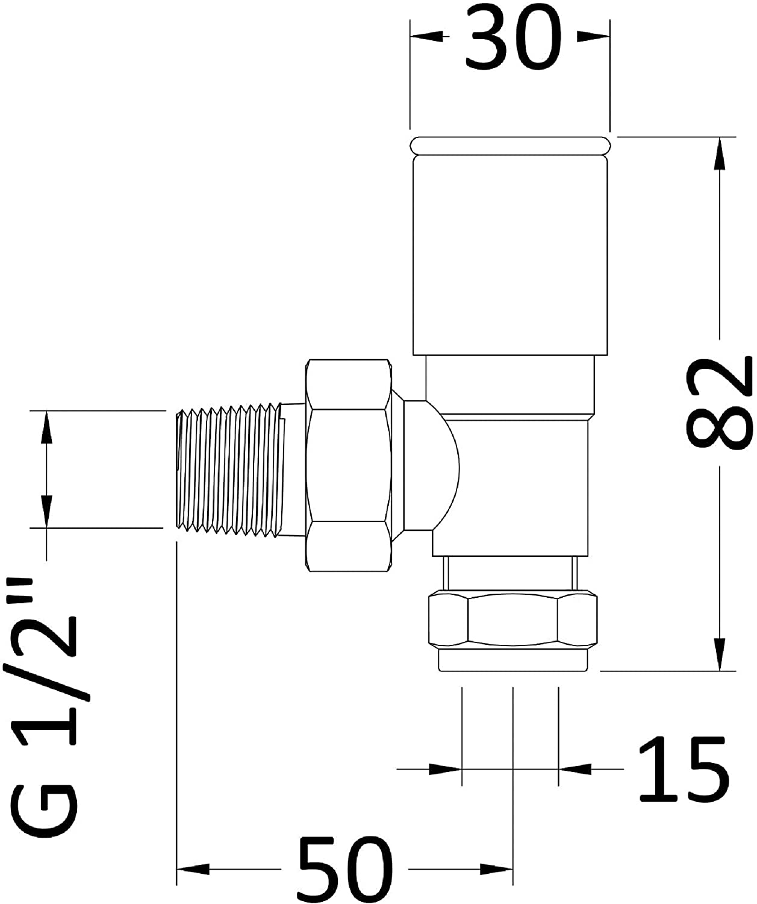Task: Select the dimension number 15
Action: [x=682, y=769]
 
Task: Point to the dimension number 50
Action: [x=346, y=868]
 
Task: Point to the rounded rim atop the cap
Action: [x=509, y=145]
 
